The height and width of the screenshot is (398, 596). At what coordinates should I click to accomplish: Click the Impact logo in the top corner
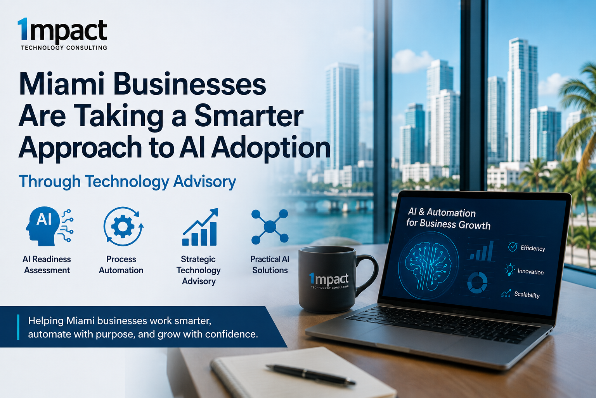62,34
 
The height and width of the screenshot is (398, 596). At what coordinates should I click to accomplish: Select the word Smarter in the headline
249,115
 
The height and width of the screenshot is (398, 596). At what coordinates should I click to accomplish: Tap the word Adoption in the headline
271,148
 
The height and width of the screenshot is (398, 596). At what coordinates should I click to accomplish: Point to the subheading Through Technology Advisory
127,182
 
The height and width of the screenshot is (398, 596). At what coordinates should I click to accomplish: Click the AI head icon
50,227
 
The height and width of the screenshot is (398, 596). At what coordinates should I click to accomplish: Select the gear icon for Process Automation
123,227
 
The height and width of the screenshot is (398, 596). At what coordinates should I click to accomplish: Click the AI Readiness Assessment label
47,265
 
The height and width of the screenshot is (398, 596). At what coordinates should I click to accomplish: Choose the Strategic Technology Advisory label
199,270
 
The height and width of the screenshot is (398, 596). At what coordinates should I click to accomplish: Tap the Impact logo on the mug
329,281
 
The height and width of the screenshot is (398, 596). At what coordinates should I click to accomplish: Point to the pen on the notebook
310,375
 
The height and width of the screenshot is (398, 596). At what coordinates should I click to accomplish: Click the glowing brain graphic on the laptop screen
428,265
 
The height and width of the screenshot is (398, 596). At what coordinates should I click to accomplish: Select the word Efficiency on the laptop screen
533,248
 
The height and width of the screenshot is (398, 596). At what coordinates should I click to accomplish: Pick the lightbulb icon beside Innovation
509,270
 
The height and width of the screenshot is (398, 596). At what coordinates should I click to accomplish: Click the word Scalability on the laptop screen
527,295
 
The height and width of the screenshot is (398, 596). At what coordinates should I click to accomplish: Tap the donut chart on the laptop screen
477,283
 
